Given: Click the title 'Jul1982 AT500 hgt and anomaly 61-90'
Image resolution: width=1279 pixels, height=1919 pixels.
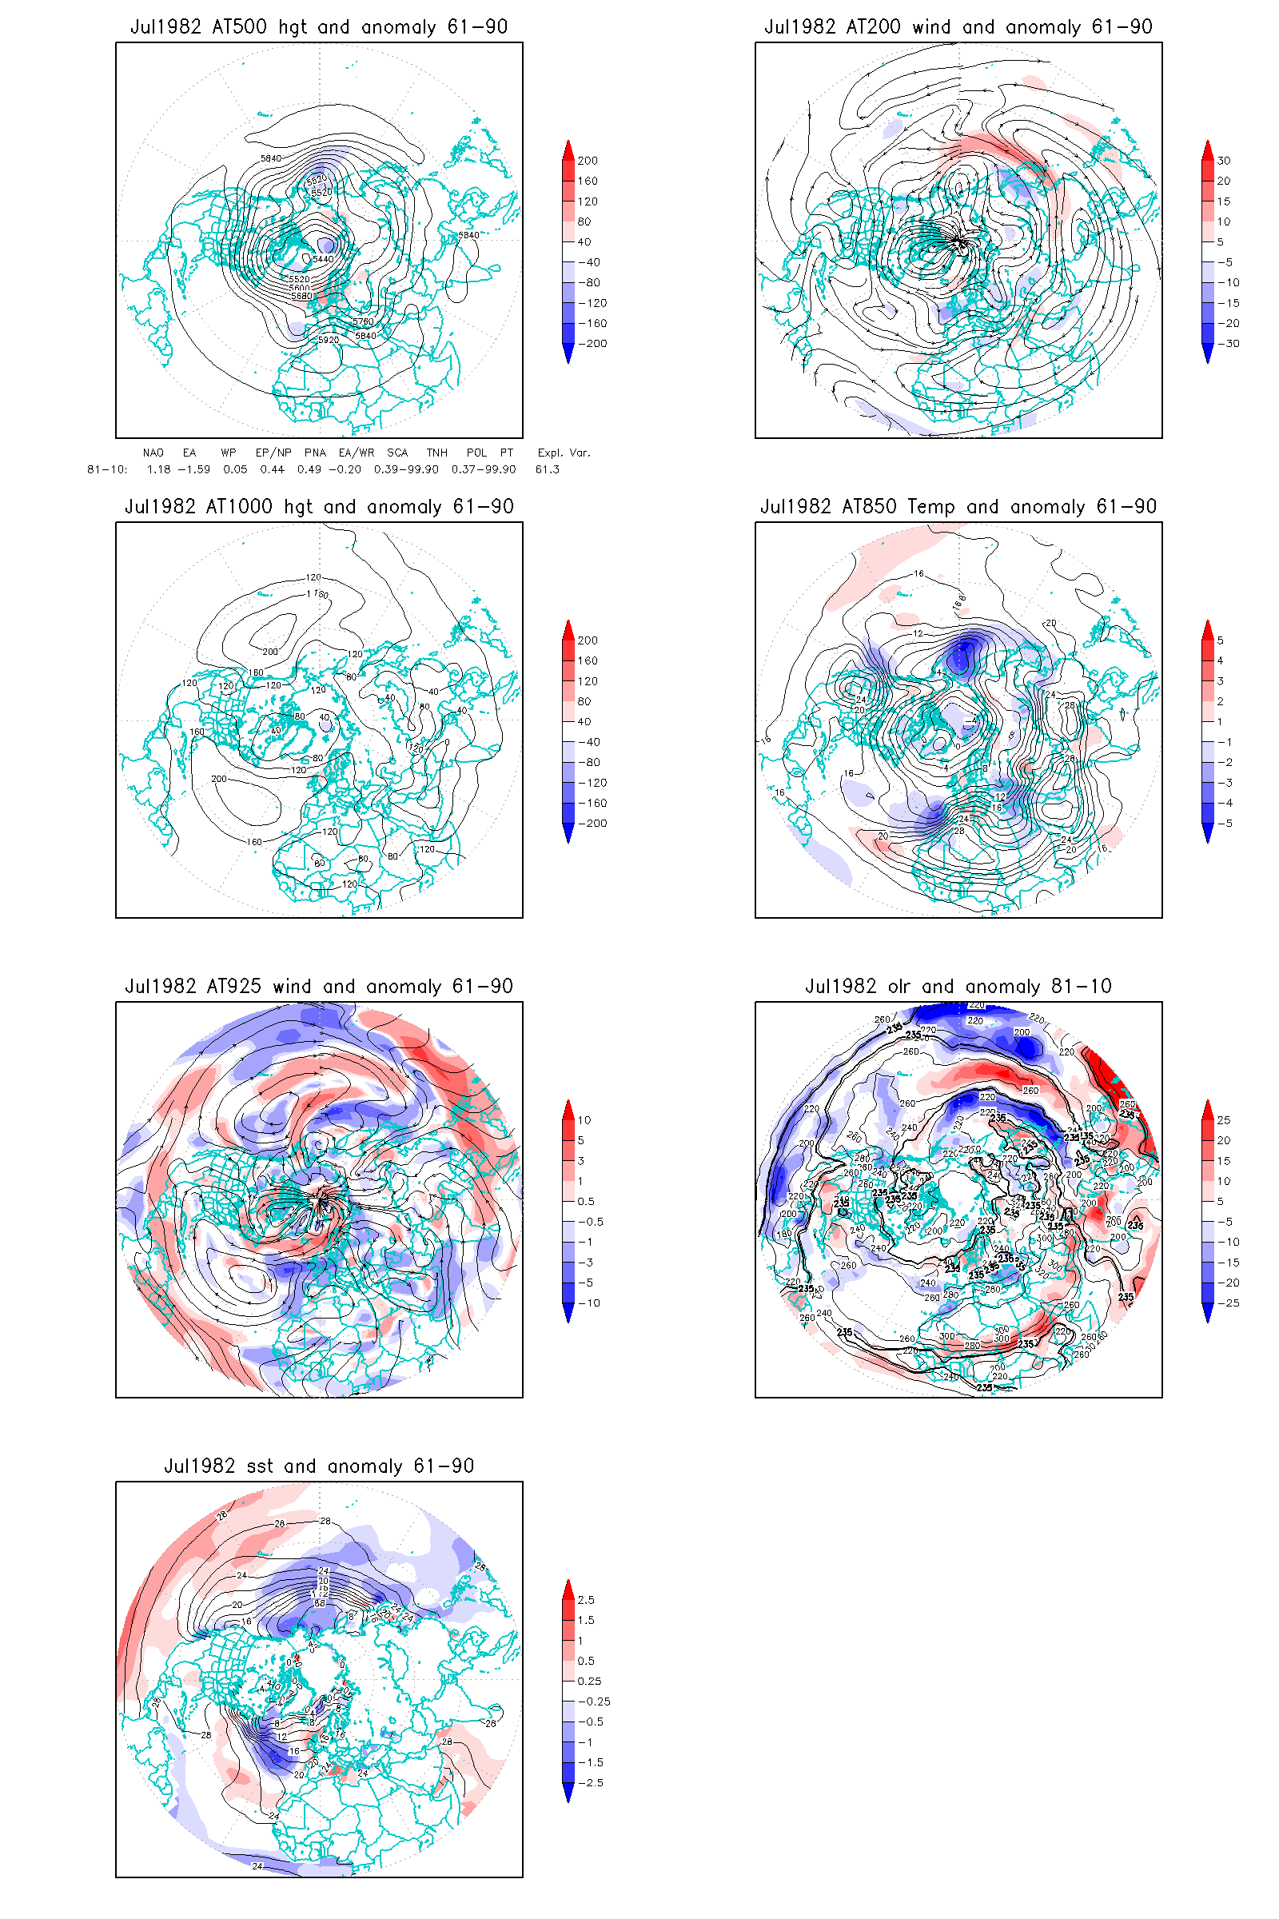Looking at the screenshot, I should (x=319, y=27).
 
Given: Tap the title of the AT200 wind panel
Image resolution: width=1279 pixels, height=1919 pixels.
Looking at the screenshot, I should (x=958, y=27).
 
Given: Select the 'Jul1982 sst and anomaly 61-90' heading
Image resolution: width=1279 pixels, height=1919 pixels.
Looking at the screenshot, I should (x=319, y=1466).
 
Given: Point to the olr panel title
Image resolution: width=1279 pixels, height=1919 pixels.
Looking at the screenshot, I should (x=958, y=987).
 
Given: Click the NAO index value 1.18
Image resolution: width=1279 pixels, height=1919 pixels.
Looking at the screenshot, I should (x=158, y=469).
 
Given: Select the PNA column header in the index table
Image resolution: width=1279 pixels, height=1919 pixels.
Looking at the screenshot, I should (x=315, y=453).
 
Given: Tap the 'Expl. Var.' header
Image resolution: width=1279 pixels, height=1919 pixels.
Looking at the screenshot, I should (x=564, y=453).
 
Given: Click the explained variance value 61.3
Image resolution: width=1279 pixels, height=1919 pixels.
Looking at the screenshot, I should (x=548, y=469).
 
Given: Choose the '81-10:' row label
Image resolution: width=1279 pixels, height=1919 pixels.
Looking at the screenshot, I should (x=107, y=469).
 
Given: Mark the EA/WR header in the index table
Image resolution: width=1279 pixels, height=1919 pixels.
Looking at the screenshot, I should (x=357, y=453).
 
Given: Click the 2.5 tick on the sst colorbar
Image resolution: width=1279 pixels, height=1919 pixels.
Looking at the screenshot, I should (x=586, y=1600).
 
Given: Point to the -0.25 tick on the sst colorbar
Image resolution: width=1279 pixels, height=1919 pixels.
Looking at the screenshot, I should (x=594, y=1702).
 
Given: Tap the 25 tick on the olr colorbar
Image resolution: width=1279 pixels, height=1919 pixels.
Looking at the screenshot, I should (x=1224, y=1120).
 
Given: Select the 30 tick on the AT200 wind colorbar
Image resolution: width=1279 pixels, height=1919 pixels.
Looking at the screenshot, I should (x=1224, y=161).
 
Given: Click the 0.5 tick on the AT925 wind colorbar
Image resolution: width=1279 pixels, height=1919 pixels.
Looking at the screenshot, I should (x=586, y=1201).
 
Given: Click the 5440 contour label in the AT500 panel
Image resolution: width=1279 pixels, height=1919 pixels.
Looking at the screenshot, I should (x=323, y=259).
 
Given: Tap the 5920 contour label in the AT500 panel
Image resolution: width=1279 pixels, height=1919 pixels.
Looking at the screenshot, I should (x=328, y=341).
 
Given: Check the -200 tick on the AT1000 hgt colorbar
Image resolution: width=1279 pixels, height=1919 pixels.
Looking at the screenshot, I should (x=592, y=824).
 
